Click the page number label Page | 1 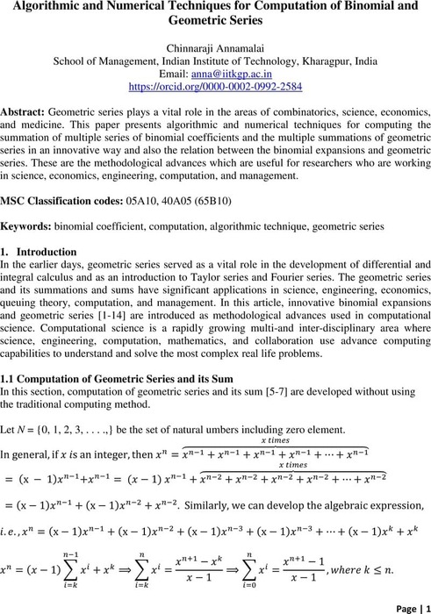tap(405, 605)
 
